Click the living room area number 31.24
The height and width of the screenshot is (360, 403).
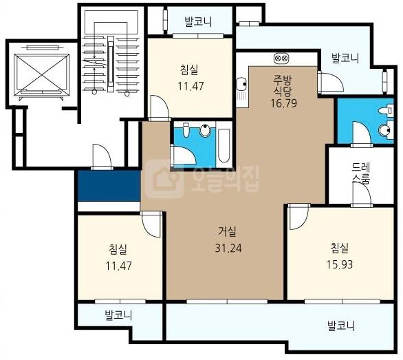click(x=228, y=248)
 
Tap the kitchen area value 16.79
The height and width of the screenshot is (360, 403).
click(x=284, y=103)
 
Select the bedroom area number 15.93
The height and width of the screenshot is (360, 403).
click(x=340, y=264)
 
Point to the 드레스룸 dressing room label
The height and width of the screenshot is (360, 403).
click(x=360, y=173)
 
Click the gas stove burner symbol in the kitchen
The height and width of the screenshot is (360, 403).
click(x=281, y=58)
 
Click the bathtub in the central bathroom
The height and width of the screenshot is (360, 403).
click(x=224, y=146)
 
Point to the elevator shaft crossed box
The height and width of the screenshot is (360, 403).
click(x=42, y=74)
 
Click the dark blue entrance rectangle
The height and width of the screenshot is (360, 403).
click(x=109, y=186)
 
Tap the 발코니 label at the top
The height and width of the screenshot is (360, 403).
click(x=198, y=21)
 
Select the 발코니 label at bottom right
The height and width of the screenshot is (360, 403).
click(x=341, y=326)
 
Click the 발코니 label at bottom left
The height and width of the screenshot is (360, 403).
click(x=118, y=315)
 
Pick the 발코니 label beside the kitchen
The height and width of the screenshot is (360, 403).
click(x=345, y=58)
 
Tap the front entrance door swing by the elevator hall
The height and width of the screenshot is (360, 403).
click(x=102, y=156)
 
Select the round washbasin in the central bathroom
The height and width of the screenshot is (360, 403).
click(x=205, y=131)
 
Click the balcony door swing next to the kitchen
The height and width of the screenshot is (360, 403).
click(x=331, y=82)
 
